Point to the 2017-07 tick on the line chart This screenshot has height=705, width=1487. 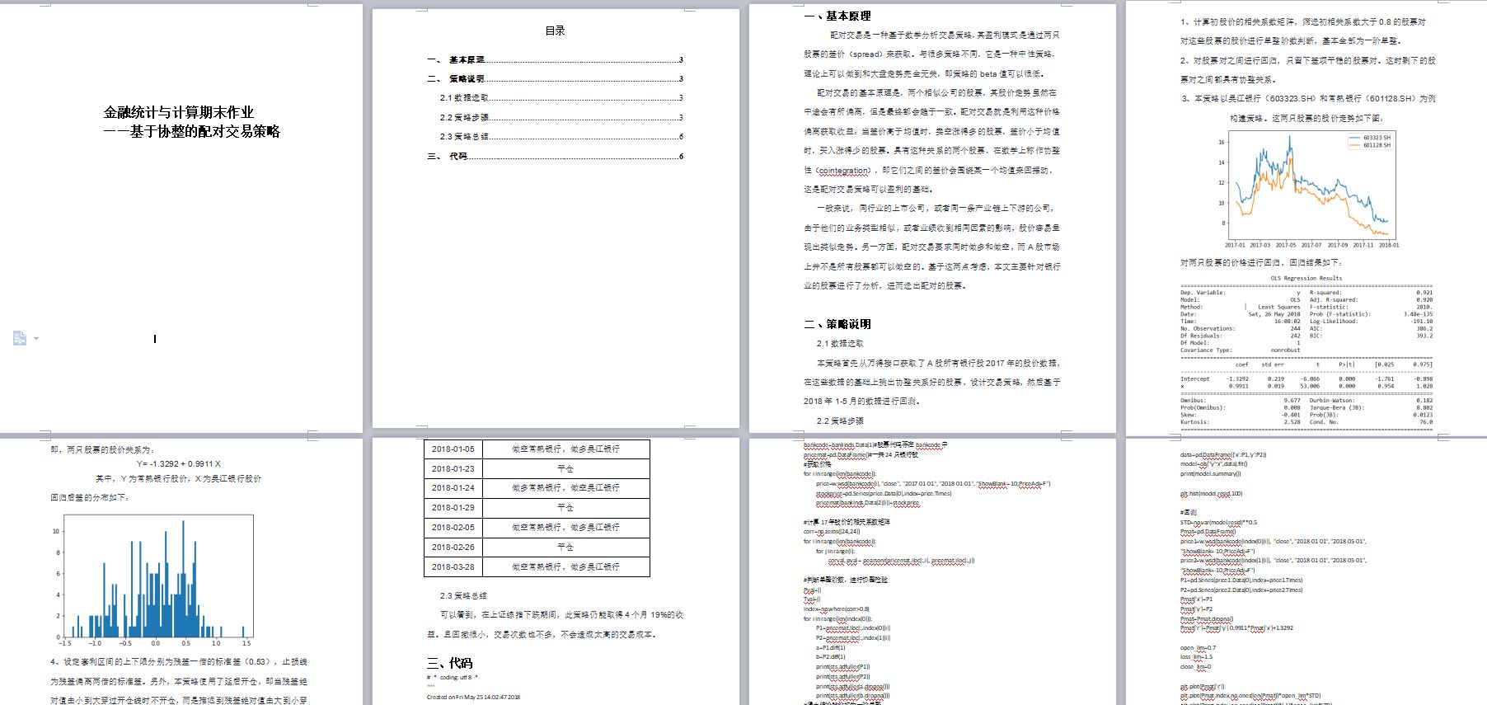(x=1311, y=245)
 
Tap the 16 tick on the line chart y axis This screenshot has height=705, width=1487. (x=1221, y=142)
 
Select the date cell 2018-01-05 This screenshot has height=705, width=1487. (x=453, y=449)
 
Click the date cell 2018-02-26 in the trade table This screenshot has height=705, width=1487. (x=453, y=547)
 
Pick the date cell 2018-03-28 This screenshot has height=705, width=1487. (x=453, y=566)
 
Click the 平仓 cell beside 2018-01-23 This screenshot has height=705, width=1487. (x=565, y=468)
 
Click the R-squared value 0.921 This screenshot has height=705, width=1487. (x=1424, y=293)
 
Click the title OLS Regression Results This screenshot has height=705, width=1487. (x=1306, y=279)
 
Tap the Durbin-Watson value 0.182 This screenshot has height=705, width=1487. (x=1424, y=401)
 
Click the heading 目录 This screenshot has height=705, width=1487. (x=555, y=31)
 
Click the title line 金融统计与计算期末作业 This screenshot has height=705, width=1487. (x=179, y=113)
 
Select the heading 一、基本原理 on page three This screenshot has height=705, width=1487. (x=837, y=16)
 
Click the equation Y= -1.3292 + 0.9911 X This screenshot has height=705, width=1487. (x=179, y=464)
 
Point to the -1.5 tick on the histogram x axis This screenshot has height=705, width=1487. (x=65, y=643)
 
